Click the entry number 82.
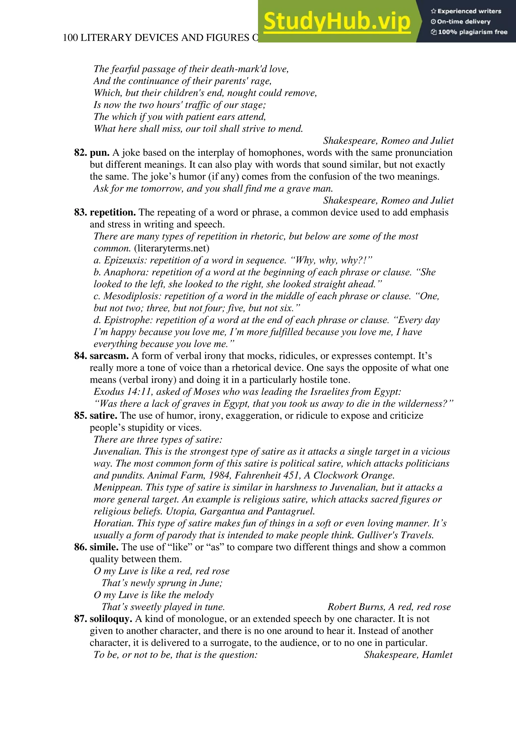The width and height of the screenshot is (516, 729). click(81, 153)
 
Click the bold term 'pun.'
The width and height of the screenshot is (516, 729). click(100, 153)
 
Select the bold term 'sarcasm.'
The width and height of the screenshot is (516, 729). click(109, 356)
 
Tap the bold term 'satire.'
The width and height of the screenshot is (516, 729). click(104, 416)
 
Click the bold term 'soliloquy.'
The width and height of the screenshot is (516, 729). click(111, 619)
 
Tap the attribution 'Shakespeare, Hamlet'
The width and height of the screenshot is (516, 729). click(408, 655)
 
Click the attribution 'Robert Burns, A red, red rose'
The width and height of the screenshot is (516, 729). click(389, 607)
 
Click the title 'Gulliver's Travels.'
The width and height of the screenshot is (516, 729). click(395, 535)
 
